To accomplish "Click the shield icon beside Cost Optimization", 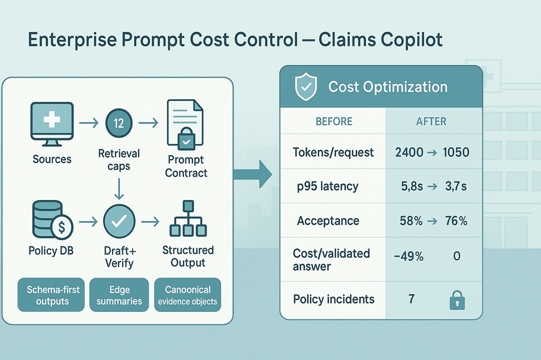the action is pos(306,87).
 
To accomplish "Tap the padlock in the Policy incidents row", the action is pos(457,300).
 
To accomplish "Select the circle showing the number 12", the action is pos(119,123).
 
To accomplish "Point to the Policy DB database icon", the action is pos(52,220).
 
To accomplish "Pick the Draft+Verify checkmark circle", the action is pos(119,221).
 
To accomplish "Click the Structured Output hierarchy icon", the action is pos(188,219).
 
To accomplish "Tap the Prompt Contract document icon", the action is pos(185,123).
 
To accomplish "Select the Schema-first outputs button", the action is pos(51,295).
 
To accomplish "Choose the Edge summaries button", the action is pos(119,295).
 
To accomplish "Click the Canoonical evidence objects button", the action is pos(188,295).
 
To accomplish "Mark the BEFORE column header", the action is pos(334,121).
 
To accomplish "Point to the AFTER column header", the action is pos(431,121).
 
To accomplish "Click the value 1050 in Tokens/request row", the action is pos(456,152).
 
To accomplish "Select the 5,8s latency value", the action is pos(412,186).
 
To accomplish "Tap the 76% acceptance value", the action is pos(456,221).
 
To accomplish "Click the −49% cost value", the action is pos(409,256).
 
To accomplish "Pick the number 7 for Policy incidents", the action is pos(411,299).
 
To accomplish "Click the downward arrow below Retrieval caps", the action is pos(119,189).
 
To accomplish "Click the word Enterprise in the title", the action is pos(73,40).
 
